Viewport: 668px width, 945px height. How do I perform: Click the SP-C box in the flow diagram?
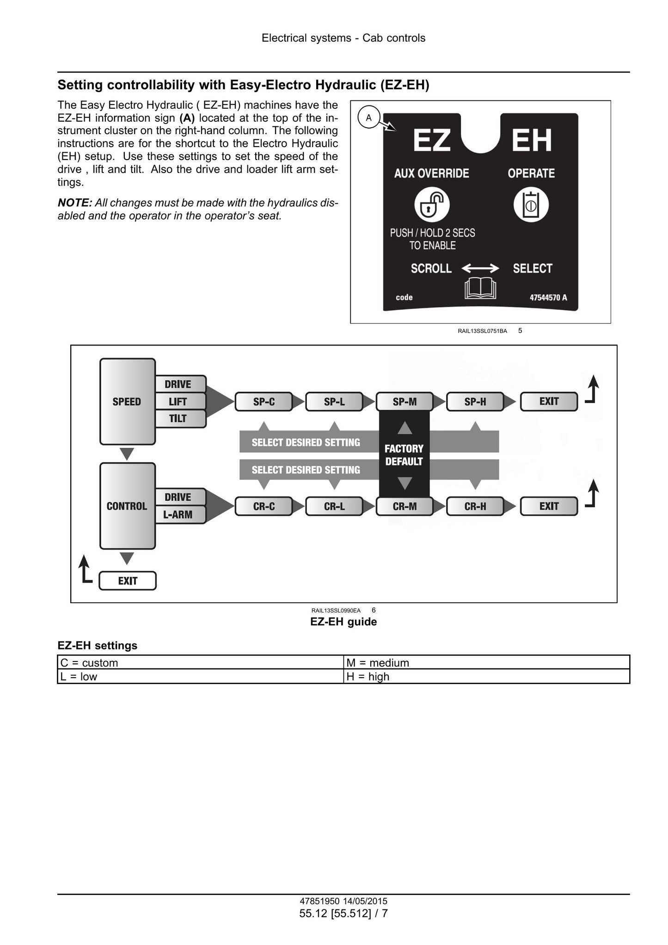pyautogui.click(x=264, y=401)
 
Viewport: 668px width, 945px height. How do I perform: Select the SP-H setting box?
pyautogui.click(x=475, y=401)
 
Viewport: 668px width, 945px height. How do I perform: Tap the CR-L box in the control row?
pyautogui.click(x=334, y=506)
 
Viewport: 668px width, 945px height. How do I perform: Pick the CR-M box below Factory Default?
pyautogui.click(x=404, y=506)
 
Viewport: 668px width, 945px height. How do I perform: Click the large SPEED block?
pyautogui.click(x=127, y=401)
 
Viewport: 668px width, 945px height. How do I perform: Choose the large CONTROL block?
pyautogui.click(x=127, y=506)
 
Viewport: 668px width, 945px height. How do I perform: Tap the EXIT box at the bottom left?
pyautogui.click(x=128, y=581)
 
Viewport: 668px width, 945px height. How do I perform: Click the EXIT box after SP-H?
pyautogui.click(x=549, y=401)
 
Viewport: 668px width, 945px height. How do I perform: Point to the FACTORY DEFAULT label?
pyautogui.click(x=404, y=455)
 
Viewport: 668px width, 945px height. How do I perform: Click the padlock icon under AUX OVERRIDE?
pyautogui.click(x=432, y=204)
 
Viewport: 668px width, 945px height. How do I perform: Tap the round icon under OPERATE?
pyautogui.click(x=531, y=204)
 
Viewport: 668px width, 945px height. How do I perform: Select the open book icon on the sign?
pyautogui.click(x=480, y=289)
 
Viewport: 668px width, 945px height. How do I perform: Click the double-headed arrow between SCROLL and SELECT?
pyautogui.click(x=480, y=268)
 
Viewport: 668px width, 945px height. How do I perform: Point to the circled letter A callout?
pyautogui.click(x=368, y=117)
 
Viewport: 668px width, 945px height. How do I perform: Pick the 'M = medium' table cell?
pyautogui.click(x=487, y=662)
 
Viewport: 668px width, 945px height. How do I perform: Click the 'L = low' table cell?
pyautogui.click(x=201, y=676)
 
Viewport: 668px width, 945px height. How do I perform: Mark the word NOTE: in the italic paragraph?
pyautogui.click(x=75, y=203)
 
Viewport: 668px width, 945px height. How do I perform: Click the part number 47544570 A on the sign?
pyautogui.click(x=548, y=297)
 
